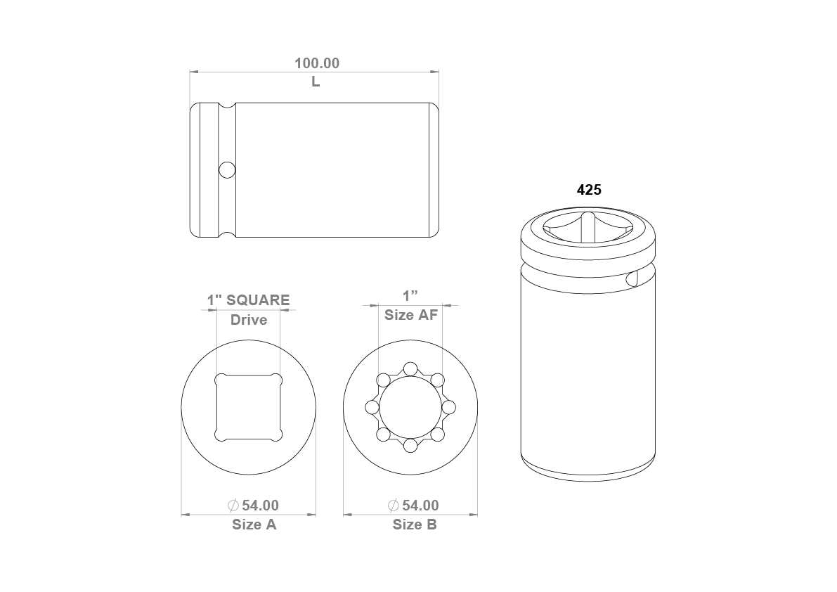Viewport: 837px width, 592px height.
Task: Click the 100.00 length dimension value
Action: [x=317, y=63]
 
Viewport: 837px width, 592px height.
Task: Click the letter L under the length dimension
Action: [x=316, y=82]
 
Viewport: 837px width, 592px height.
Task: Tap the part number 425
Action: [x=589, y=190]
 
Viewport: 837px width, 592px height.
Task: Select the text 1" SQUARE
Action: [x=248, y=300]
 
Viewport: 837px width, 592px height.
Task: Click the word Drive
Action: [x=249, y=320]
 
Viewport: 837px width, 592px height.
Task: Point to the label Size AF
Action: [x=411, y=315]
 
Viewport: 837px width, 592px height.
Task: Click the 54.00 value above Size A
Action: [x=261, y=505]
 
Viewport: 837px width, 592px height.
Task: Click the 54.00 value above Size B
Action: [x=421, y=505]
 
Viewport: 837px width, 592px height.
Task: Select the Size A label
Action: [x=254, y=525]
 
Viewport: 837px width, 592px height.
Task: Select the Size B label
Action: [x=415, y=525]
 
